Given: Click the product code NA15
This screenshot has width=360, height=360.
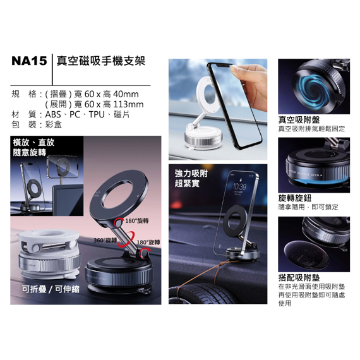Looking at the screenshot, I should pos(29,61).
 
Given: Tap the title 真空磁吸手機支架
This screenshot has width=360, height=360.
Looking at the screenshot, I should pos(101,61).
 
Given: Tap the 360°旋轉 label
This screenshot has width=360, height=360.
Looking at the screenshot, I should pos(104,241).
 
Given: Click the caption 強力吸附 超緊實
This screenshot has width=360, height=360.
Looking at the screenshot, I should pos(191,178).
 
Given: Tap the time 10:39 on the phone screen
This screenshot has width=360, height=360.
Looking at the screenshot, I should pos(240,187).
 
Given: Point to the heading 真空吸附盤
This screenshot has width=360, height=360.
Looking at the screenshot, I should pos(299,119).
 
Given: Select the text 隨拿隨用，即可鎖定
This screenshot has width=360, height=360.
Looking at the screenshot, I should pos(308,207).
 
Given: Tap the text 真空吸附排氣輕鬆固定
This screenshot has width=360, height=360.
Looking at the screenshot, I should pos(311,128).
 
